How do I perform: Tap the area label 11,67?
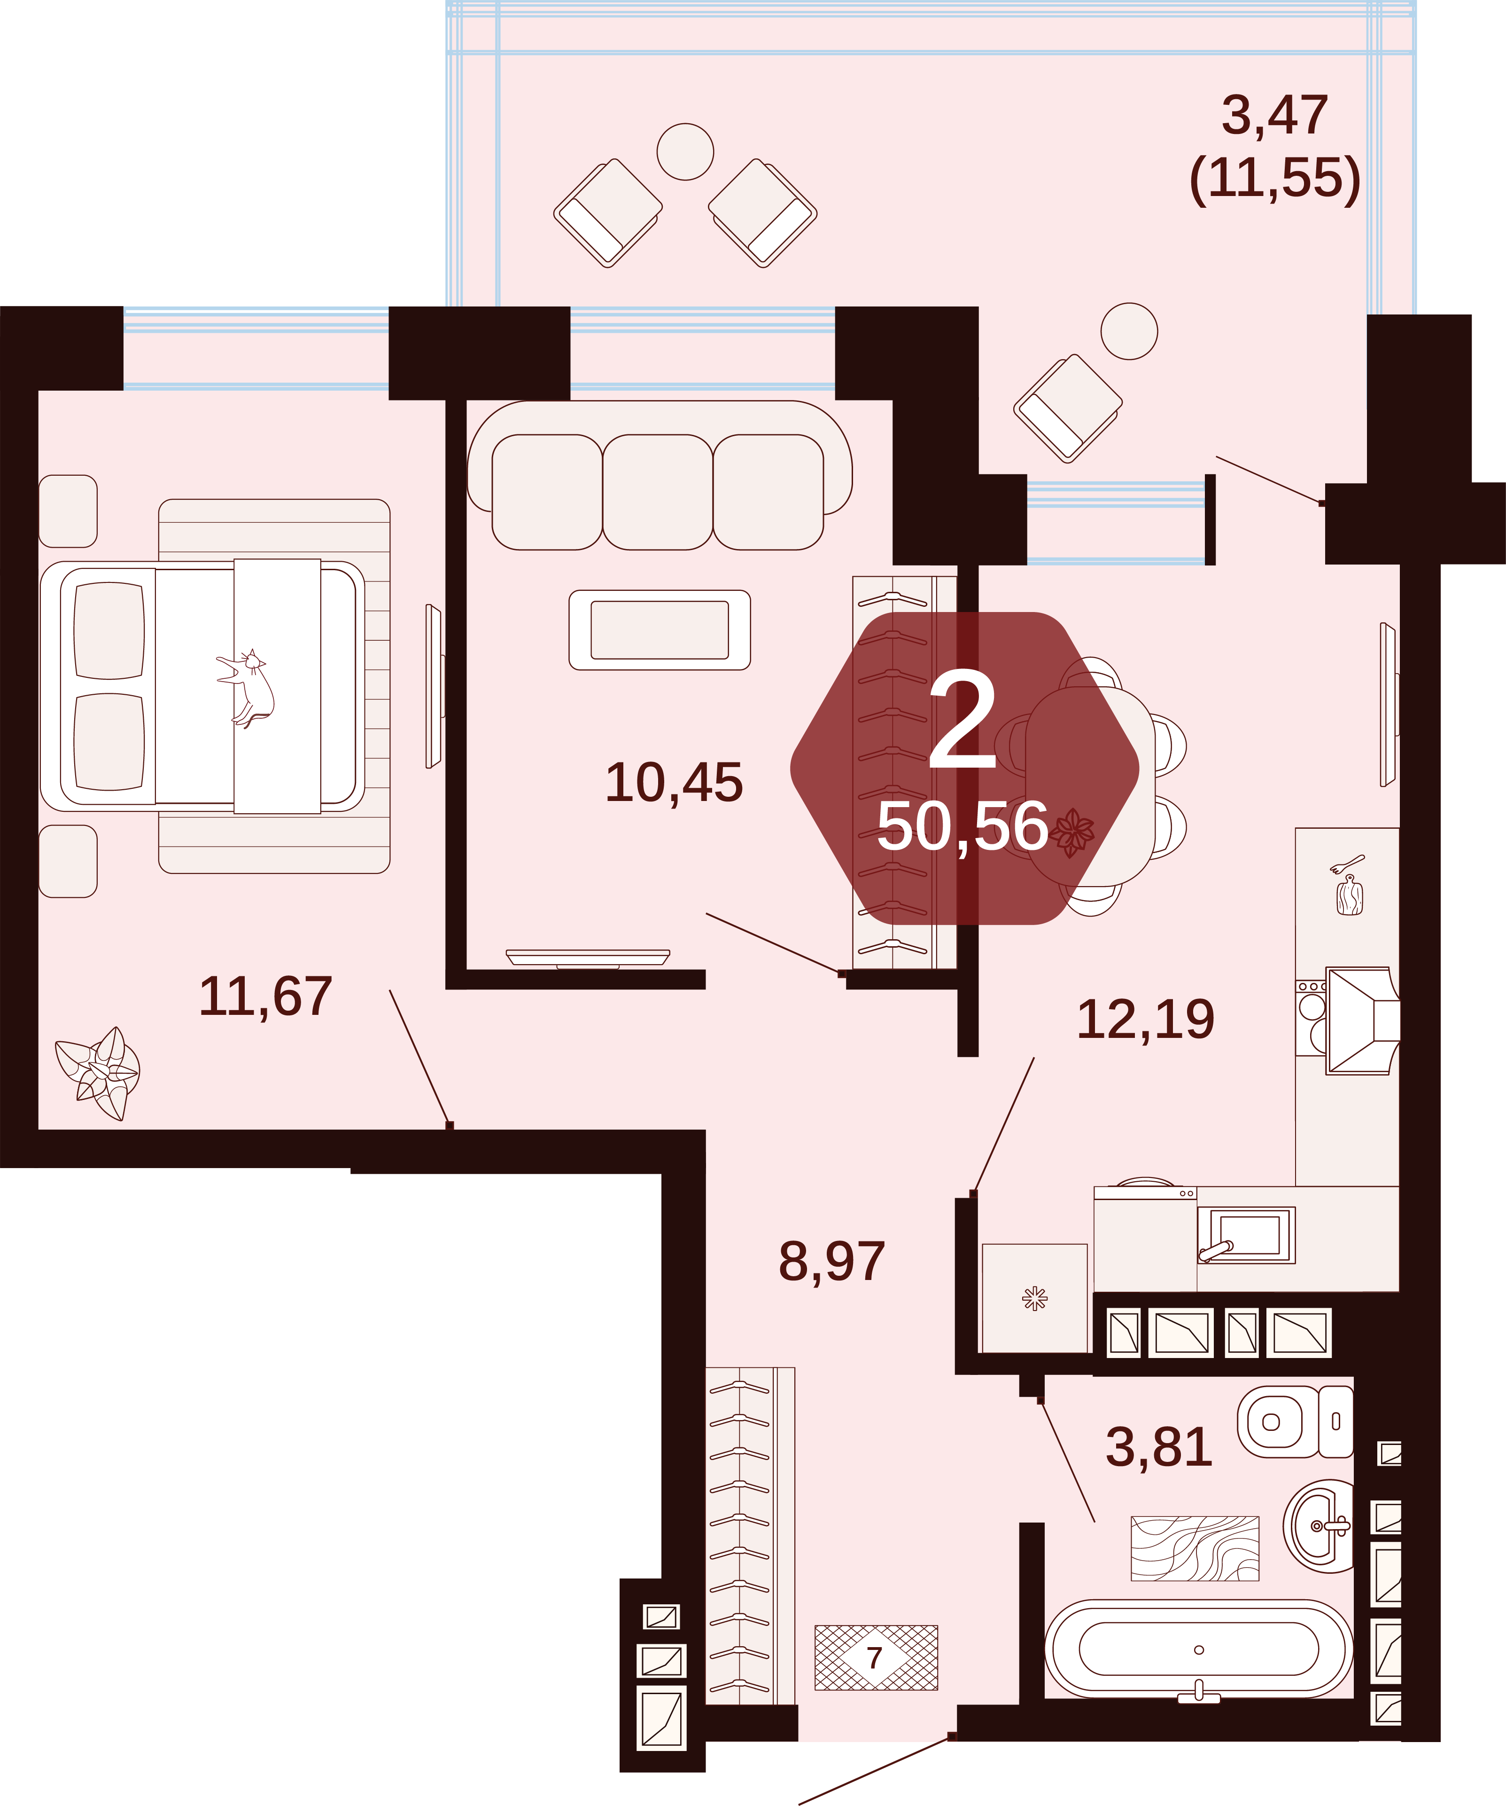pos(265,997)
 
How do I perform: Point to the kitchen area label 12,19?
pos(1146,1019)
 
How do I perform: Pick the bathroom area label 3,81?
pos(1159,1446)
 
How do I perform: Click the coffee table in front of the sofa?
pos(660,629)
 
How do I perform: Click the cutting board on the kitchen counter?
pos(1350,895)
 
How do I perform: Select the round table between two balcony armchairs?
pos(685,151)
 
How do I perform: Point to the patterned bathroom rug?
pos(1195,1548)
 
